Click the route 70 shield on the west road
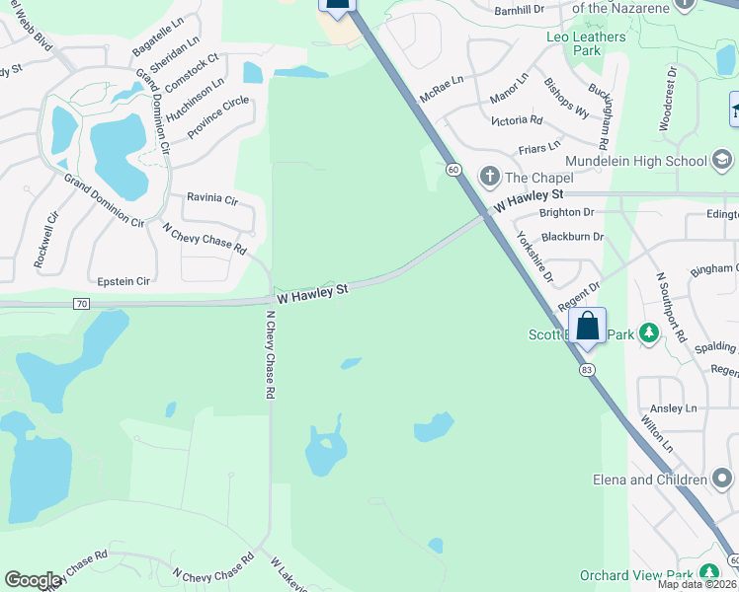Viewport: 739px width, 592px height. [81, 304]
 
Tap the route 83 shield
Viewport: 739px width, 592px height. [588, 369]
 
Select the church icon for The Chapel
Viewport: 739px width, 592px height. [489, 177]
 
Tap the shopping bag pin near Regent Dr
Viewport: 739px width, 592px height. [588, 327]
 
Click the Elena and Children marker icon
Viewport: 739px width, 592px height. [723, 480]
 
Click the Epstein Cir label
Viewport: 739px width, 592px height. [124, 281]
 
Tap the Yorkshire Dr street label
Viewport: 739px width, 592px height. [534, 256]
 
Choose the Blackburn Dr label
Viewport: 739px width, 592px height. [572, 237]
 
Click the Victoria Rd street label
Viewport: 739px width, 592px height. [517, 120]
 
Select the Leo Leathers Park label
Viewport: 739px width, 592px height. [587, 43]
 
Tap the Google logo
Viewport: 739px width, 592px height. [34, 580]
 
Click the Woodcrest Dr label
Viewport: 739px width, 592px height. [670, 99]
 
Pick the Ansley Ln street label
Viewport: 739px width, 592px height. [673, 408]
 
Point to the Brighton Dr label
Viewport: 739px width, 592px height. [567, 212]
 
